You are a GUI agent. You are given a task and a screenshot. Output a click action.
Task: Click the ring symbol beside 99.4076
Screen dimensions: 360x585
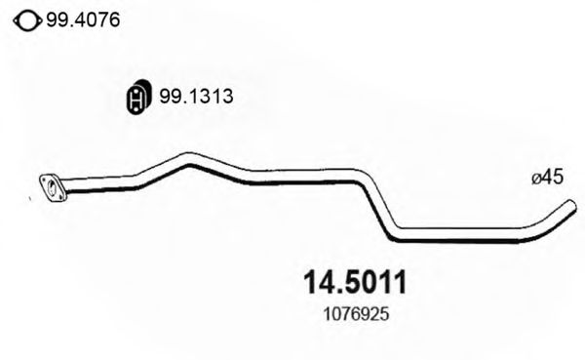click(27, 18)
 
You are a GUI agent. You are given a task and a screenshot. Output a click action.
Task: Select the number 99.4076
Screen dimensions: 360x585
click(82, 18)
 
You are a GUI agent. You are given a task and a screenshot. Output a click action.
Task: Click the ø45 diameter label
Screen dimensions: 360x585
click(548, 178)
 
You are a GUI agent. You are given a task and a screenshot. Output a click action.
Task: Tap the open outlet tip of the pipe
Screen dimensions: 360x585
click(568, 207)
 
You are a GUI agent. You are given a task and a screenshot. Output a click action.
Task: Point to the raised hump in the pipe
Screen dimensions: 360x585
click(190, 157)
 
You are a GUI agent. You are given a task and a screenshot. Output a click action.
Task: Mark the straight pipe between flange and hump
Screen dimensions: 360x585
click(102, 182)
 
